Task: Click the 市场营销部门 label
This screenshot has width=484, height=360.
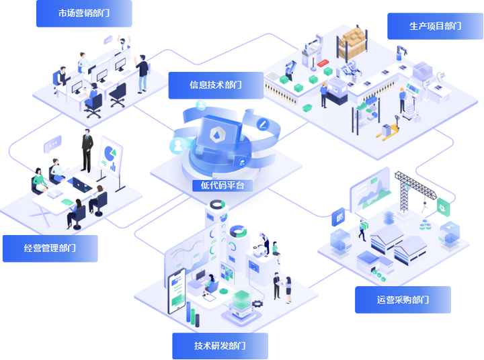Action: pos(84,13)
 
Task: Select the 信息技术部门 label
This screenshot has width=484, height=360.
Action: pos(215,85)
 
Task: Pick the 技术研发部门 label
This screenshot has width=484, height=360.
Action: pos(220,345)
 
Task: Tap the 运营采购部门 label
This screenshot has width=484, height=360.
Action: pos(403,300)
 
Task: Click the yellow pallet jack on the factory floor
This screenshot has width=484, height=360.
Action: pos(389,129)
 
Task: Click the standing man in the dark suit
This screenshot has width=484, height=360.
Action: pos(87,150)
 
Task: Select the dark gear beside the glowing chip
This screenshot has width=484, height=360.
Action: pos(256,304)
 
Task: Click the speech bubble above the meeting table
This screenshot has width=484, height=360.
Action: pos(52,142)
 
